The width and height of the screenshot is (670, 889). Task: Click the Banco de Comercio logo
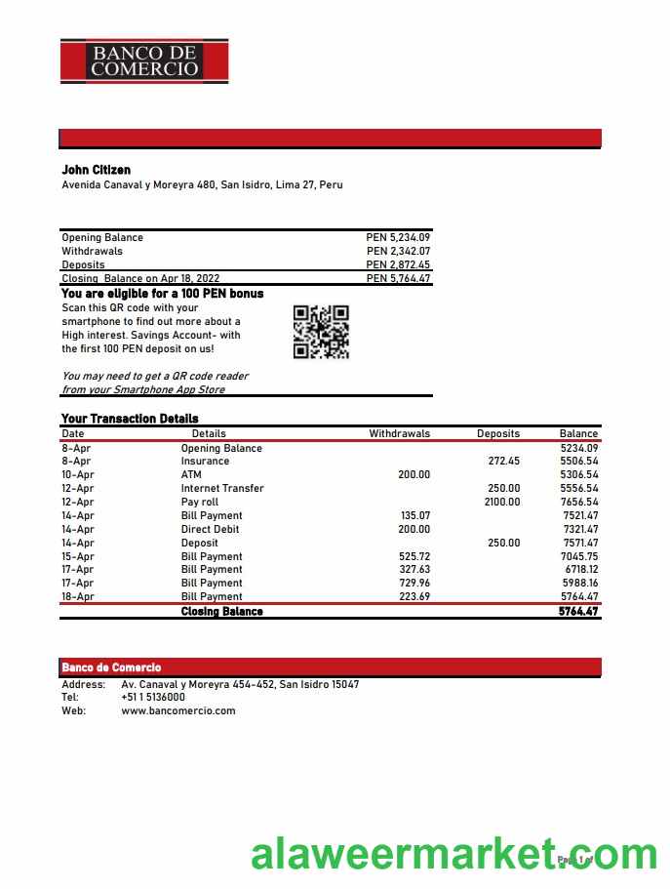point(144,60)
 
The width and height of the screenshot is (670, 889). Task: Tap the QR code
point(321,332)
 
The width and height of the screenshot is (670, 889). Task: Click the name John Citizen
point(96,170)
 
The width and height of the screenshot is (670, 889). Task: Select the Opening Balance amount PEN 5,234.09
point(398,237)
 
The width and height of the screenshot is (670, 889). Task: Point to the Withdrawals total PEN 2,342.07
point(398,251)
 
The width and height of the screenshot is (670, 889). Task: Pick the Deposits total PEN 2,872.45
point(398,264)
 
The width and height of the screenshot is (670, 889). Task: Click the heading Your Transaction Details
point(130,419)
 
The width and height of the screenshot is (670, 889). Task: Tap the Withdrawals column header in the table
point(399,433)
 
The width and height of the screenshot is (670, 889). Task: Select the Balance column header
point(578,433)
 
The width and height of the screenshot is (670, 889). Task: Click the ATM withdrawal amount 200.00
point(414,474)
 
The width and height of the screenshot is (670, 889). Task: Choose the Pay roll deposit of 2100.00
point(502,502)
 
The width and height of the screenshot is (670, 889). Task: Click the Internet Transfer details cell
point(222,488)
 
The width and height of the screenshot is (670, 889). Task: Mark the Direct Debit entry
point(210,529)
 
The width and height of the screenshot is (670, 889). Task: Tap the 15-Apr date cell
point(77,556)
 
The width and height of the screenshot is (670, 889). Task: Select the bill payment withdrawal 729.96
point(414,583)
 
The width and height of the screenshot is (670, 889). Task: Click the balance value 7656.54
point(579,502)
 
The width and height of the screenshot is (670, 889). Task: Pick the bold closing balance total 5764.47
point(578,612)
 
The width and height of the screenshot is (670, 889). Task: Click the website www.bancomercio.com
point(178,710)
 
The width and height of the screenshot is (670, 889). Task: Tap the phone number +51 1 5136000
point(153,698)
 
